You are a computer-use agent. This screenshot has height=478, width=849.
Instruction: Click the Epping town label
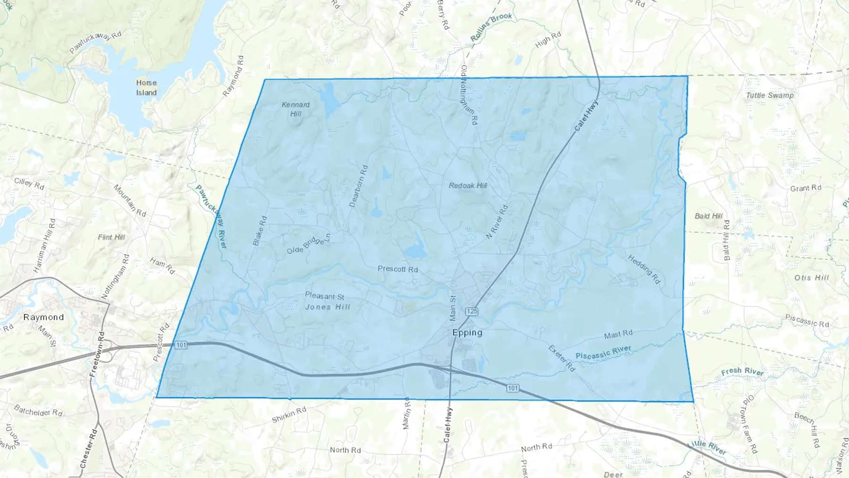467,332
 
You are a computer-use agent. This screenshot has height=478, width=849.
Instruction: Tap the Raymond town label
43,317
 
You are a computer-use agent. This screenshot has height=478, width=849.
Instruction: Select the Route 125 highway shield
472,311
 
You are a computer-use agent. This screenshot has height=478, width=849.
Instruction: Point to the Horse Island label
146,88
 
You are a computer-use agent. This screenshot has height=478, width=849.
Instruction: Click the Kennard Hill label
296,109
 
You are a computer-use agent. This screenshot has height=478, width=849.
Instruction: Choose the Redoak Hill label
468,185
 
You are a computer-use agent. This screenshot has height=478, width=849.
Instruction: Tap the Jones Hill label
328,307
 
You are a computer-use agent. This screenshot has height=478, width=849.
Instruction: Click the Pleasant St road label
325,296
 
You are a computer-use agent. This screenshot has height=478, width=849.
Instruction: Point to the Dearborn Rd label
358,186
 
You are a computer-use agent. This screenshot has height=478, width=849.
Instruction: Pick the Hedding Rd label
644,269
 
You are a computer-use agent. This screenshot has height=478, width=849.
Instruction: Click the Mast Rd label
618,335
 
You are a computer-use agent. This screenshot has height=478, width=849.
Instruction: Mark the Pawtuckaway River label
211,217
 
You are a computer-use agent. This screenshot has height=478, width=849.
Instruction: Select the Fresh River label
742,371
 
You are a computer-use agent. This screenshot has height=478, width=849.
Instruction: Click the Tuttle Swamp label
770,95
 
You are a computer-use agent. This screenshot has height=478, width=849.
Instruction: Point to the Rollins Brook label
491,27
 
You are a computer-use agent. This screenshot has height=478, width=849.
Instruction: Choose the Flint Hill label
111,237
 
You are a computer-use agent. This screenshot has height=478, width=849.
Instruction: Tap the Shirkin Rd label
289,415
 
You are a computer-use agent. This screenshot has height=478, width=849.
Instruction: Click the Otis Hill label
811,277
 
